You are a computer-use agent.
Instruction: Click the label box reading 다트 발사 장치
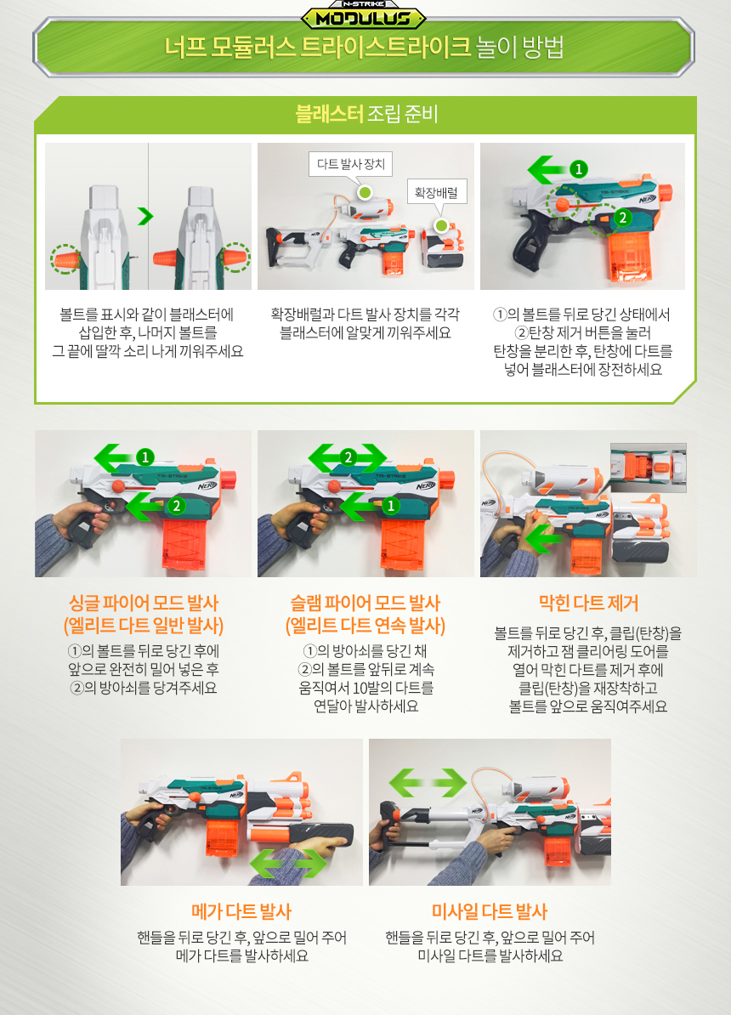click(x=350, y=164)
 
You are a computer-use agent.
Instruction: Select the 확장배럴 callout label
click(x=436, y=192)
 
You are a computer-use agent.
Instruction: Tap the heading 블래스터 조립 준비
click(x=366, y=114)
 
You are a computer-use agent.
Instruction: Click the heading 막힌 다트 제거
click(x=588, y=604)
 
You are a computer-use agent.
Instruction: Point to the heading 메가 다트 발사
click(x=241, y=911)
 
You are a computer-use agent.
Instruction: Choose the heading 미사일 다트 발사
click(x=490, y=911)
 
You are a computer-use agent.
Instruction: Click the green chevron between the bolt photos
click(x=145, y=216)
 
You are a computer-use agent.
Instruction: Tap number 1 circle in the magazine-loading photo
click(x=578, y=169)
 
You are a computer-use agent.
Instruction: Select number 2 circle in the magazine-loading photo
click(x=622, y=218)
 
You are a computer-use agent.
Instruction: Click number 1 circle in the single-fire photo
click(x=145, y=457)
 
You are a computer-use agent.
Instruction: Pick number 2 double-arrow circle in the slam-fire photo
click(x=348, y=457)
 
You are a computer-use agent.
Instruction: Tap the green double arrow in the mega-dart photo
click(x=289, y=863)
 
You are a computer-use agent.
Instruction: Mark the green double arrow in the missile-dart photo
click(x=428, y=783)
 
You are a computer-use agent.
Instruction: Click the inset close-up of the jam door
click(x=648, y=468)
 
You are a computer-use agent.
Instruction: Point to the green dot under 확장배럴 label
click(x=441, y=225)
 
